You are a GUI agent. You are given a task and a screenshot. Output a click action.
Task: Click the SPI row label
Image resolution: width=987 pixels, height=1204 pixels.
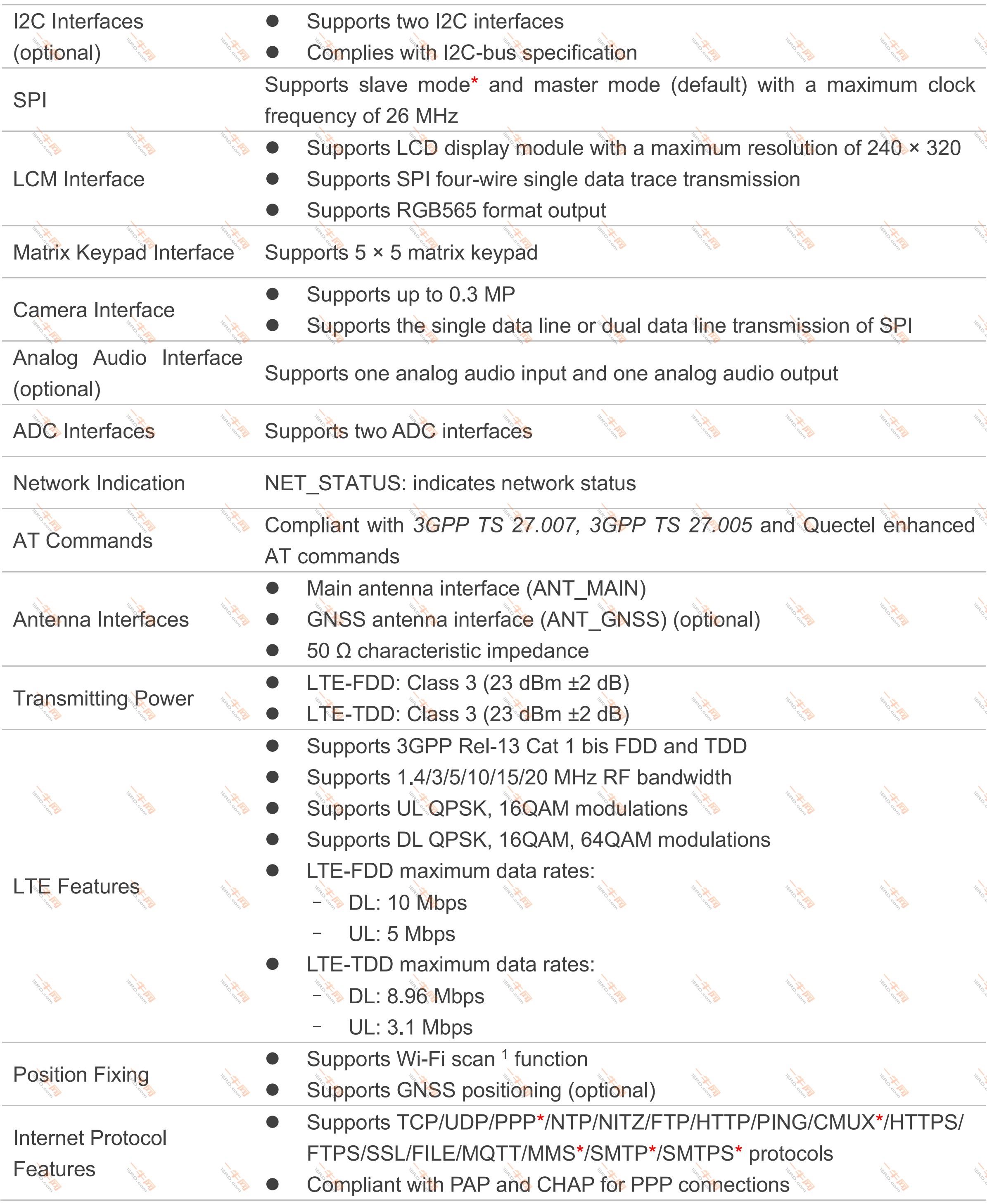coord(30,100)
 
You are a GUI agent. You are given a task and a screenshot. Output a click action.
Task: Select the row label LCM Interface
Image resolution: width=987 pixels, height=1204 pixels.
coord(78,179)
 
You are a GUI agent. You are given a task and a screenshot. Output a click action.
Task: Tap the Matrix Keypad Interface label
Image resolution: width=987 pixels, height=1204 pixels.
coord(123,252)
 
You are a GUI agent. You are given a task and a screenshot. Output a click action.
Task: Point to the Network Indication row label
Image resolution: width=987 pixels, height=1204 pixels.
coord(99,483)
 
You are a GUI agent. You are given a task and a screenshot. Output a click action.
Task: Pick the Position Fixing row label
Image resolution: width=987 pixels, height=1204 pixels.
coord(81,1075)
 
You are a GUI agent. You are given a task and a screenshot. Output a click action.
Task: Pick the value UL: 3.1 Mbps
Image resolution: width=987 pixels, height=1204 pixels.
coord(410,1028)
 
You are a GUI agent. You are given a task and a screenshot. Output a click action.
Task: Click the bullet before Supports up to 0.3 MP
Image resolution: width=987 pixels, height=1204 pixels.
coord(273,294)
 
